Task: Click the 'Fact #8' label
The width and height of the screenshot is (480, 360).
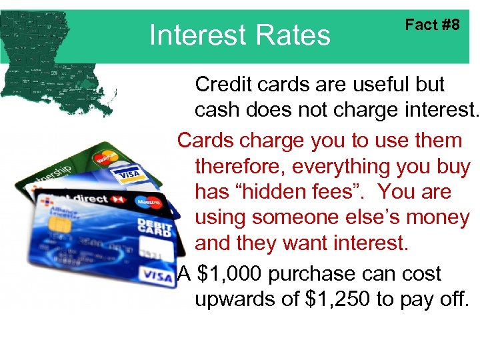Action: click(432, 25)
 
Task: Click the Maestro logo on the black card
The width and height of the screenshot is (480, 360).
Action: click(149, 201)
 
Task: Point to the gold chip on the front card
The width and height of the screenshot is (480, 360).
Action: click(61, 225)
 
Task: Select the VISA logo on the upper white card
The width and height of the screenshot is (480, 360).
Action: click(129, 175)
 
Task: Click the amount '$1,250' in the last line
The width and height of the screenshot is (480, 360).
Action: click(337, 299)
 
